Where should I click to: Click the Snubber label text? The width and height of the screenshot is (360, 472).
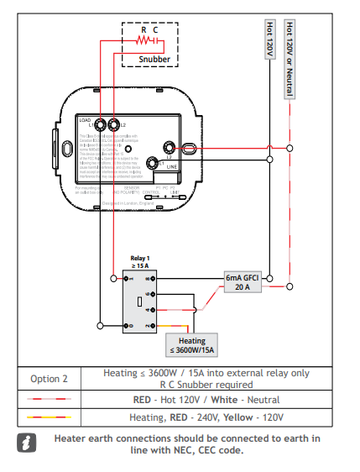coord(154,60)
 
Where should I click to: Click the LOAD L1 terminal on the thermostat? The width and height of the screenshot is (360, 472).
coord(100,125)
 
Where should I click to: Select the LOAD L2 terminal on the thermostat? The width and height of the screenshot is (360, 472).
coord(113,125)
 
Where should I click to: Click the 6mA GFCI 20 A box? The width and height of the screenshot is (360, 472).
coord(243,281)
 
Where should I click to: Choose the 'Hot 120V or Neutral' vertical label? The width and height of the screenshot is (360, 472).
coord(290,59)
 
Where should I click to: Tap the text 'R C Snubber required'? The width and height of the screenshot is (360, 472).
coord(206,385)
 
